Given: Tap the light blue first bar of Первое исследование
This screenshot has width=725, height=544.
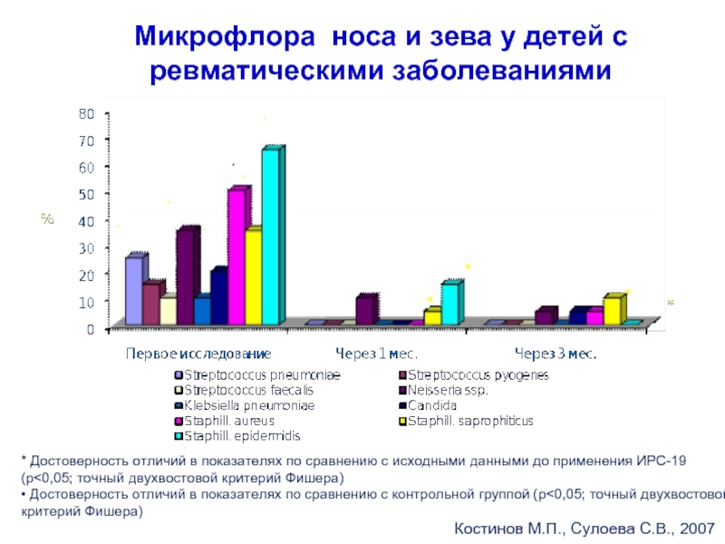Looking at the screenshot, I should tap(133, 290).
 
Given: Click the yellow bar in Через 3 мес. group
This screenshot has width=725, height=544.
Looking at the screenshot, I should tap(612, 310).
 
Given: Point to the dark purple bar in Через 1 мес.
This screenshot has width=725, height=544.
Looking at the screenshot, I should tap(364, 310).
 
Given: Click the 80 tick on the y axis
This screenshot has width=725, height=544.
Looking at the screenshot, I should tap(87, 114).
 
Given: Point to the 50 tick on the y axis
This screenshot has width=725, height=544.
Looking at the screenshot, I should tap(87, 195).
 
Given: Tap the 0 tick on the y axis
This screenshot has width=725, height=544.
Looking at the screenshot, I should tap(91, 329).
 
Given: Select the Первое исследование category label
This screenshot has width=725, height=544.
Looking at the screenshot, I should tap(198, 352).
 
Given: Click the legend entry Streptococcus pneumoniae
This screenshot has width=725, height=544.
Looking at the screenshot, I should tap(263, 375).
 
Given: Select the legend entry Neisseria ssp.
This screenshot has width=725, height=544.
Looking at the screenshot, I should tap(448, 391).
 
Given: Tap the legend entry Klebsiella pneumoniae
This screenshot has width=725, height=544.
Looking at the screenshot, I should tap(249, 406).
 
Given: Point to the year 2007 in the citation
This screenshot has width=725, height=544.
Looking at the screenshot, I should tap(692, 527).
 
